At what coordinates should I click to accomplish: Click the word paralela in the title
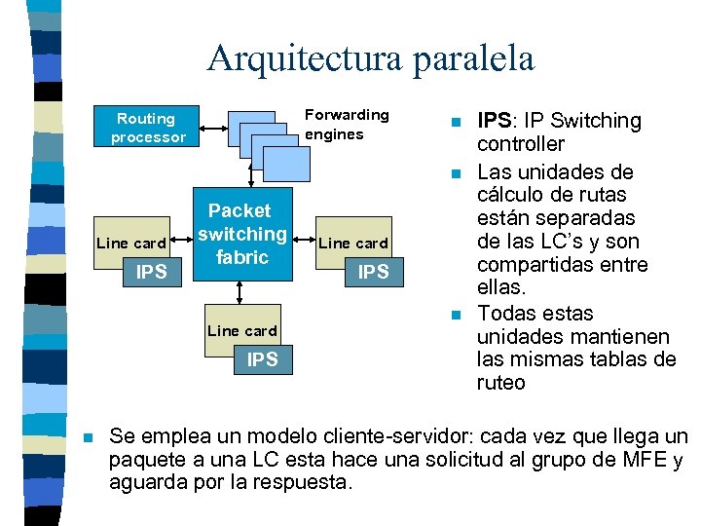[473, 58]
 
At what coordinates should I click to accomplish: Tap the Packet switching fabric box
[241, 234]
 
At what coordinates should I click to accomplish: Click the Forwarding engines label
[347, 125]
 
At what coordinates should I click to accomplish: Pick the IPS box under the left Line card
[151, 272]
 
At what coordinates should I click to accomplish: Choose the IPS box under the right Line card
[373, 272]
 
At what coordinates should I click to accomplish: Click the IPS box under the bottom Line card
[262, 359]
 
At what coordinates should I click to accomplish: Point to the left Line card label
[131, 243]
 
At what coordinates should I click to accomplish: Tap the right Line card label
[352, 243]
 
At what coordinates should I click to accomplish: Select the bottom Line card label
[242, 331]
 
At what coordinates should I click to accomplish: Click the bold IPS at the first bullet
[494, 121]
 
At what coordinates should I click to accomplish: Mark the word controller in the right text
[520, 144]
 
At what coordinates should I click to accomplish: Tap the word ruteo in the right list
[500, 383]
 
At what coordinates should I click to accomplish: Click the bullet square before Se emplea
[89, 436]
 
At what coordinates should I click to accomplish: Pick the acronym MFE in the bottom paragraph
[643, 460]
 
